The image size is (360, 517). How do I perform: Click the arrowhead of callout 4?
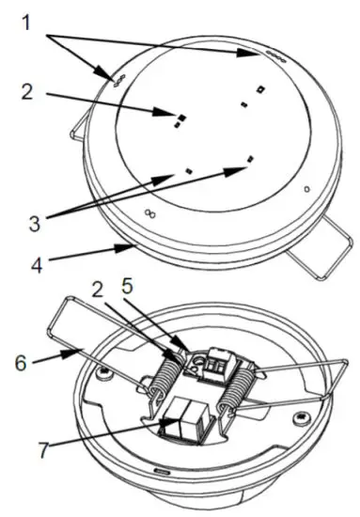pos(133,245)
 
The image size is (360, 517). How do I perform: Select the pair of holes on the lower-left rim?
pos(148,214)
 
